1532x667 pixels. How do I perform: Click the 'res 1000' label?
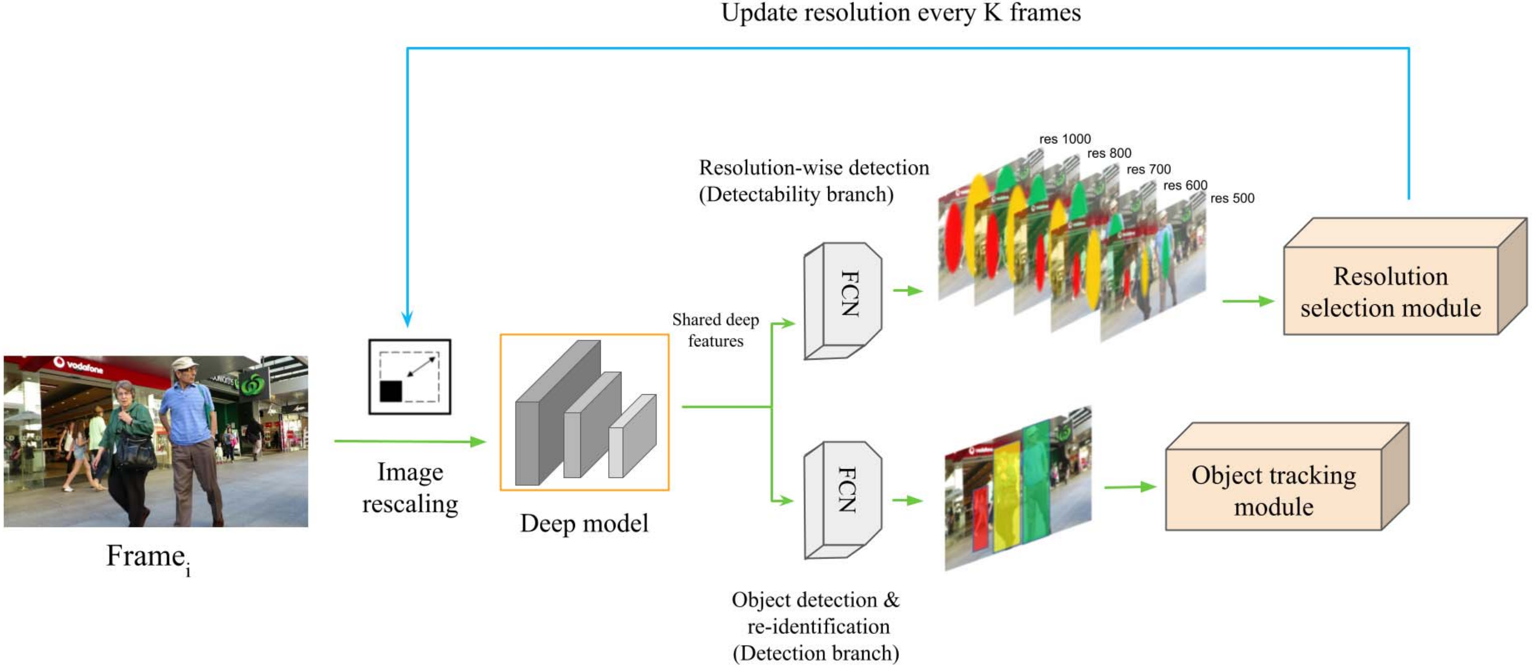pyautogui.click(x=1064, y=139)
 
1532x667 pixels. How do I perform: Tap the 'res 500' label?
pyautogui.click(x=1232, y=198)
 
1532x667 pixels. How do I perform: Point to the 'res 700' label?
pyautogui.click(x=1149, y=170)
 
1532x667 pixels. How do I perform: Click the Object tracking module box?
pyautogui.click(x=1287, y=476)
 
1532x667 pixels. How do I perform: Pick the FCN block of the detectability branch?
pyautogui.click(x=843, y=300)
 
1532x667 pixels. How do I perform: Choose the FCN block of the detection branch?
pyautogui.click(x=843, y=500)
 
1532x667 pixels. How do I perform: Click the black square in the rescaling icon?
pyautogui.click(x=391, y=391)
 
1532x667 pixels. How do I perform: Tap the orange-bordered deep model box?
pyautogui.click(x=585, y=412)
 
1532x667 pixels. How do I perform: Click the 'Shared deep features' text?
pyautogui.click(x=715, y=330)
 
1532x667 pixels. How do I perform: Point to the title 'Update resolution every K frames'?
pyautogui.click(x=901, y=13)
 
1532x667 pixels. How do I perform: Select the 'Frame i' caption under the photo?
pyautogui.click(x=149, y=558)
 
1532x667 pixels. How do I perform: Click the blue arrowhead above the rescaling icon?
pyautogui.click(x=407, y=318)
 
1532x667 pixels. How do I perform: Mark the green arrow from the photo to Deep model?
pyautogui.click(x=410, y=441)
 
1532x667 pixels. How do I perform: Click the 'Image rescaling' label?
pyautogui.click(x=410, y=488)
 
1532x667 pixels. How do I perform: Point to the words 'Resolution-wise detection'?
pyautogui.click(x=814, y=168)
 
